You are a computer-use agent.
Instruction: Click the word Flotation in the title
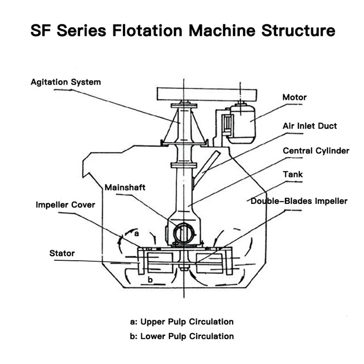click(x=147, y=31)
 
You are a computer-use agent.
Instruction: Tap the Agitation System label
click(x=66, y=82)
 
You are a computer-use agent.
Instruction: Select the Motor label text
click(x=295, y=97)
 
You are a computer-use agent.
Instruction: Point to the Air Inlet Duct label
click(x=310, y=126)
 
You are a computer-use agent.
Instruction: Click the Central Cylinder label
click(x=316, y=150)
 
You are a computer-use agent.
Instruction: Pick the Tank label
click(x=293, y=174)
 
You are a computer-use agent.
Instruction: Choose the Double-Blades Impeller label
click(x=299, y=201)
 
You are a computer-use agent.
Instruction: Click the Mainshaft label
click(x=125, y=187)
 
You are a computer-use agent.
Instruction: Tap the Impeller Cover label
click(x=66, y=205)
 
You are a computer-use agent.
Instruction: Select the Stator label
click(x=62, y=253)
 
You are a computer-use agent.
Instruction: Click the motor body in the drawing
click(x=241, y=124)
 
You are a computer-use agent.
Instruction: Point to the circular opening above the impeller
click(x=184, y=233)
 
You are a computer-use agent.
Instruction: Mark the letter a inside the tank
click(x=136, y=233)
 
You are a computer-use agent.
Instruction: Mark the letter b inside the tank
click(x=150, y=280)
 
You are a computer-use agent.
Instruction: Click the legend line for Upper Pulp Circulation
click(x=182, y=322)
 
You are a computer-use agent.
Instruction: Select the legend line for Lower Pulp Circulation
click(x=182, y=336)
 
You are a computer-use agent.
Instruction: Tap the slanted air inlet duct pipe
click(x=206, y=169)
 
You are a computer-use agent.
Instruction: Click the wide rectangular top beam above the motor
click(x=207, y=94)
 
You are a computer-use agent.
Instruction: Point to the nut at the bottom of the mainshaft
click(x=184, y=268)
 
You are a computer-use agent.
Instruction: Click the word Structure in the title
click(x=298, y=31)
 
